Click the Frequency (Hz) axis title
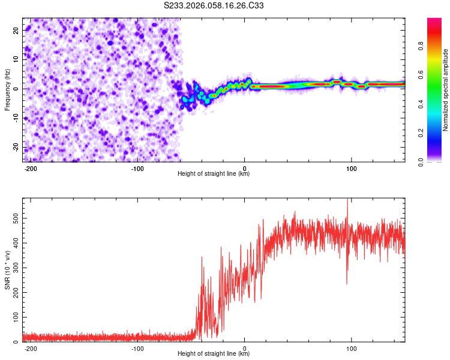coord(7,89)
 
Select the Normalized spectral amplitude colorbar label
coord(446,90)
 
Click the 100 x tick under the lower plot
coord(352,347)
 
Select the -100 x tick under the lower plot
coord(137,347)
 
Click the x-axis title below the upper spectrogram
coord(214,174)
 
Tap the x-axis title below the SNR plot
coord(214,354)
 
